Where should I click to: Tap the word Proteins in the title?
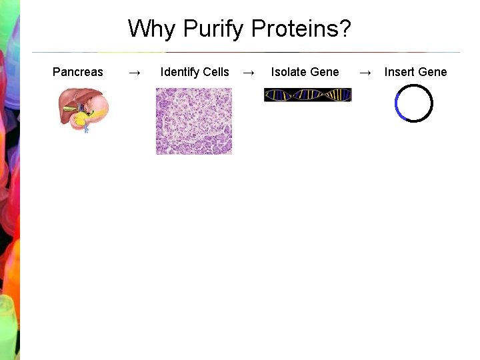click(297, 29)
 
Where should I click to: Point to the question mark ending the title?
click(345, 29)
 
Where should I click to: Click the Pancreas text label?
click(78, 72)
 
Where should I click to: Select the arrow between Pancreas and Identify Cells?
click(134, 72)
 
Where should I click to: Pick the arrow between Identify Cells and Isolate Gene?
click(248, 72)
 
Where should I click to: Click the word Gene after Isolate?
click(325, 72)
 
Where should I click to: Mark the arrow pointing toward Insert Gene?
click(365, 72)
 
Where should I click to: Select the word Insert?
click(399, 72)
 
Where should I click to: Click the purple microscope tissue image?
click(193, 121)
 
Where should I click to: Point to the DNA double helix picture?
click(307, 95)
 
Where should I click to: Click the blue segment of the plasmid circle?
click(397, 106)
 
